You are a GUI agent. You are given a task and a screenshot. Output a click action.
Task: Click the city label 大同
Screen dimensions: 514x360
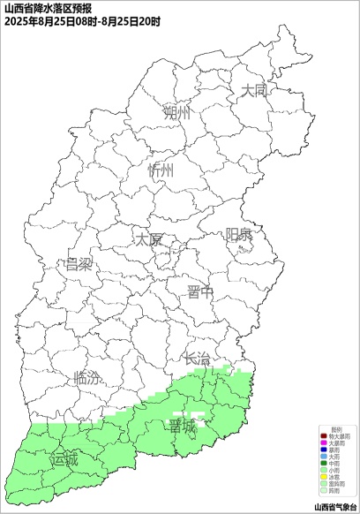[254, 90]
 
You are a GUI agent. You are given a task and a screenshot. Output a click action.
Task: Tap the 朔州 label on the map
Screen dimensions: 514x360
[176, 113]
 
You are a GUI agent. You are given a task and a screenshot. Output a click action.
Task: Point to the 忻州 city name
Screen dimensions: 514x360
[162, 170]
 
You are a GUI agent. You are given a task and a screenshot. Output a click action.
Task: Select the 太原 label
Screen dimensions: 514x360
[148, 239]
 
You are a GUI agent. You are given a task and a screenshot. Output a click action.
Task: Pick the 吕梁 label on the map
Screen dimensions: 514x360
[79, 264]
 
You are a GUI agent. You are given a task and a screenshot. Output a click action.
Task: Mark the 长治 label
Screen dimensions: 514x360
[196, 359]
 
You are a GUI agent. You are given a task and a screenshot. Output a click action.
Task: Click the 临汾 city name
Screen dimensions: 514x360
[86, 378]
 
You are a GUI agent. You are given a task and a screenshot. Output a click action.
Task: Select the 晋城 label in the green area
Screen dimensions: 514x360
[184, 427]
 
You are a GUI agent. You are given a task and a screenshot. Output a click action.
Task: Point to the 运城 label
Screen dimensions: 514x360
[64, 459]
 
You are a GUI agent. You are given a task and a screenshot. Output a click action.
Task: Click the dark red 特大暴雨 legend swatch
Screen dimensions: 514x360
[323, 436]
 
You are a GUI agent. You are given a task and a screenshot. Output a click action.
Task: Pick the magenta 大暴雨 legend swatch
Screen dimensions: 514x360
[323, 442]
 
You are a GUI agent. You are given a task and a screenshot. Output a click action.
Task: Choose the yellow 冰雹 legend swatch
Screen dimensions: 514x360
[323, 478]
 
